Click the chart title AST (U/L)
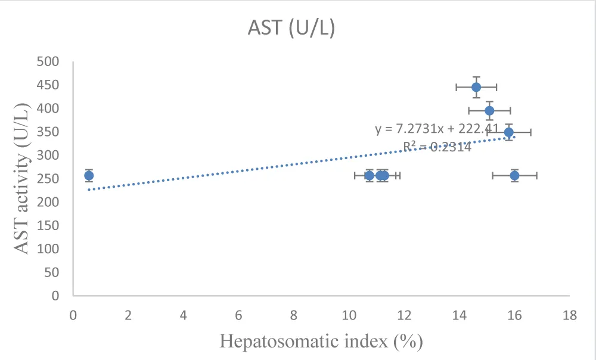click(x=291, y=28)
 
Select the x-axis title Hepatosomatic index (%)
click(x=321, y=341)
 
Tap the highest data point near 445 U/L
click(x=476, y=87)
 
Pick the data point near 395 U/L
click(x=489, y=111)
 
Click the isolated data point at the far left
click(x=89, y=175)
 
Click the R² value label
click(x=437, y=147)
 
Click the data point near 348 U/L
click(x=508, y=132)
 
